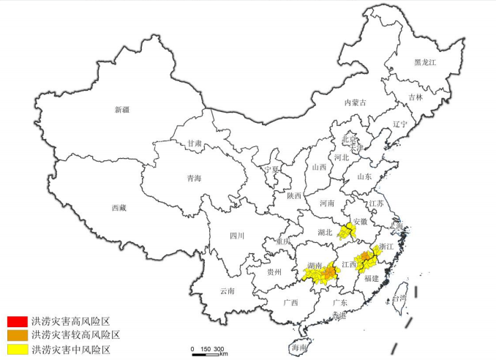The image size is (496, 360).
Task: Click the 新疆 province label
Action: pyautogui.click(x=121, y=110)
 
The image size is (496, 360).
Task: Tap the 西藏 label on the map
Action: pyautogui.click(x=119, y=208)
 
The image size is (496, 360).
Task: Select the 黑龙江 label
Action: pyautogui.click(x=424, y=63)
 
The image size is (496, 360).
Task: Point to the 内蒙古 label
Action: pyautogui.click(x=356, y=103)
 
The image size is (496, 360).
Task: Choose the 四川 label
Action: pyautogui.click(x=236, y=236)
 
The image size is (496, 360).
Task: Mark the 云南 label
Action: pyautogui.click(x=227, y=290)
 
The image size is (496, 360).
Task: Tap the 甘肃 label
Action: pyautogui.click(x=195, y=143)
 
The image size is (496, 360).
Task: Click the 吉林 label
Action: pyautogui.click(x=415, y=97)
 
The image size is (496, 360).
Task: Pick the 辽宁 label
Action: pyautogui.click(x=399, y=124)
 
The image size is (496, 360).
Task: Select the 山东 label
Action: pyautogui.click(x=364, y=176)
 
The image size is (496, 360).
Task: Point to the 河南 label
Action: pyautogui.click(x=326, y=203)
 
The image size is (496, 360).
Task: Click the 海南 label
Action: pyautogui.click(x=298, y=349)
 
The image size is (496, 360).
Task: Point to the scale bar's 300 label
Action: pyautogui.click(x=219, y=348)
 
